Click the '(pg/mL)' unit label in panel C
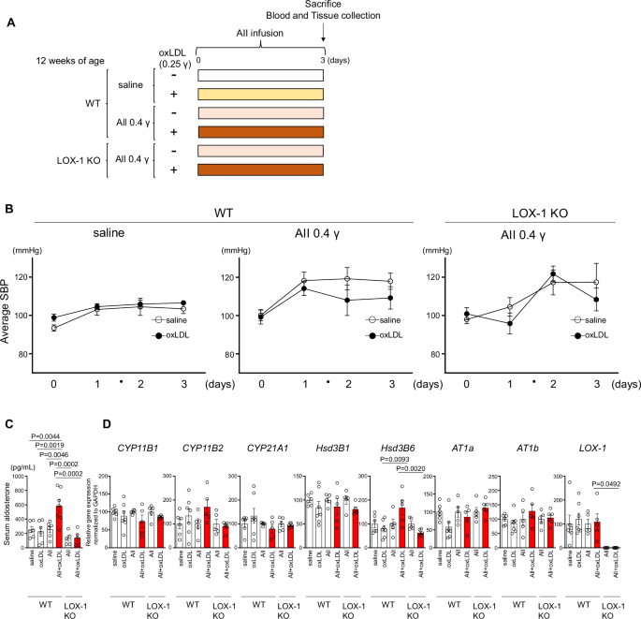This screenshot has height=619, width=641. click(x=21, y=464)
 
